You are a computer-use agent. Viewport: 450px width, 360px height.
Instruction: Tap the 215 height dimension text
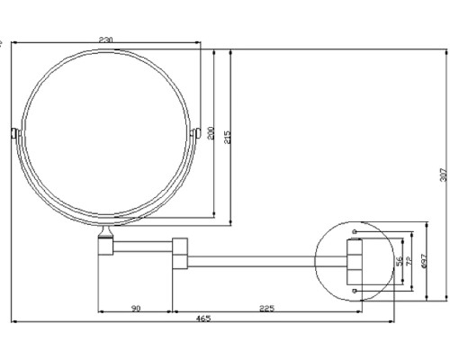point(228,137)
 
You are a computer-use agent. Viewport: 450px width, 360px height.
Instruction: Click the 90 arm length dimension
point(135,309)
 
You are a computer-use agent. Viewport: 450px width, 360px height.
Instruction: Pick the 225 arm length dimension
point(266,309)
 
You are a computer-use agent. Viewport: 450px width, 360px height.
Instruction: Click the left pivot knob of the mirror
point(13,135)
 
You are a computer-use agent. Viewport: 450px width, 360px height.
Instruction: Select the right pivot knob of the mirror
point(196,135)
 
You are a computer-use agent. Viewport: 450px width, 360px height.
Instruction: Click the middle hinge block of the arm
point(179,253)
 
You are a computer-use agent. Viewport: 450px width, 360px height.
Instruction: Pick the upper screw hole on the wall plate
point(355,232)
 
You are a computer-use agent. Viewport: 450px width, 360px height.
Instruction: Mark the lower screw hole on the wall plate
point(355,291)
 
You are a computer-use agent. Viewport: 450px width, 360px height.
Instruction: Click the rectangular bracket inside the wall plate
point(355,261)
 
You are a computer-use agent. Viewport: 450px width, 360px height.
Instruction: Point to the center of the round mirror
point(105,135)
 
